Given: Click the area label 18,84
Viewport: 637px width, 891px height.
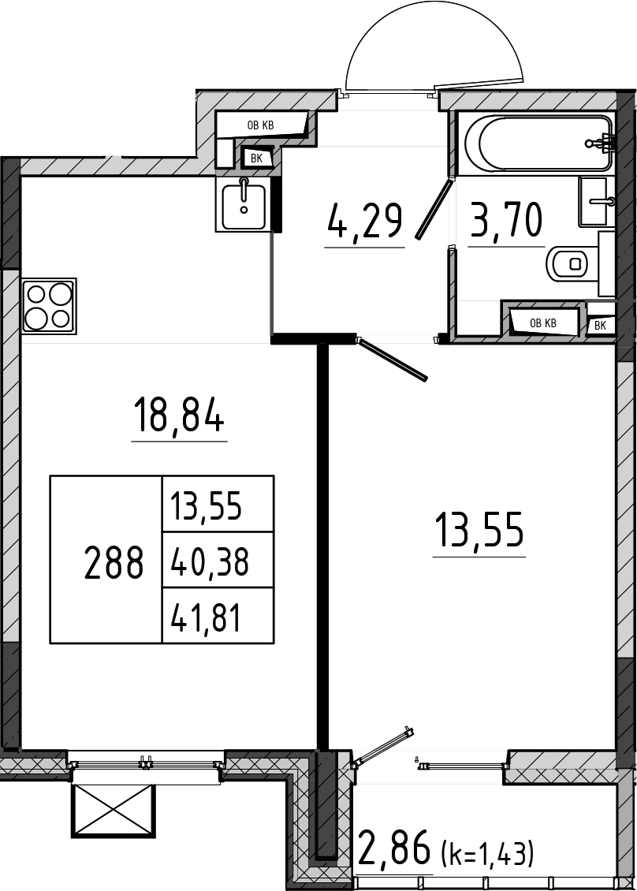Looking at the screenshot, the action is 178,415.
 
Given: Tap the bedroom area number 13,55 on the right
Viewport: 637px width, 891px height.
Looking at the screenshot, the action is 479,529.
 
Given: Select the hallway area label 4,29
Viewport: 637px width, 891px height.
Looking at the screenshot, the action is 365,221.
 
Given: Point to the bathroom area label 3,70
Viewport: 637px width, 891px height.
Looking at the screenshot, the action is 505,220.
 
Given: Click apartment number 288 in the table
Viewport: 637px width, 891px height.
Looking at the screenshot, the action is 113,562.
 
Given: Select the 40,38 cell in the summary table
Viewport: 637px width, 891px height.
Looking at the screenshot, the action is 209,561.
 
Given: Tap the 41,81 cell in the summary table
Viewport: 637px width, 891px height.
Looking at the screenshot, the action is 206,617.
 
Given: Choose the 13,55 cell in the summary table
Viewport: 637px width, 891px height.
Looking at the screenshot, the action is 206,505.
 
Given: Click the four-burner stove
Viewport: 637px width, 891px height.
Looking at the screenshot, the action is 49,306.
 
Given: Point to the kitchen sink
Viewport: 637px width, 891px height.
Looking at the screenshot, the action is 243,203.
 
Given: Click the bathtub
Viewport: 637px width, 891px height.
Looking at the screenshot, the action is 538,143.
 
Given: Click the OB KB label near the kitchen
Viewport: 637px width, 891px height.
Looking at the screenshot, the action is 260,125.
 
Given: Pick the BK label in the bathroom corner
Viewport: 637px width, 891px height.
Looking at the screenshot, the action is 600,326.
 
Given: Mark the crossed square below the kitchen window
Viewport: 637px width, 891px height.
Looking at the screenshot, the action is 113,811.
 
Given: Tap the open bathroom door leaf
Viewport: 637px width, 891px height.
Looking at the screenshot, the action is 434,208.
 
